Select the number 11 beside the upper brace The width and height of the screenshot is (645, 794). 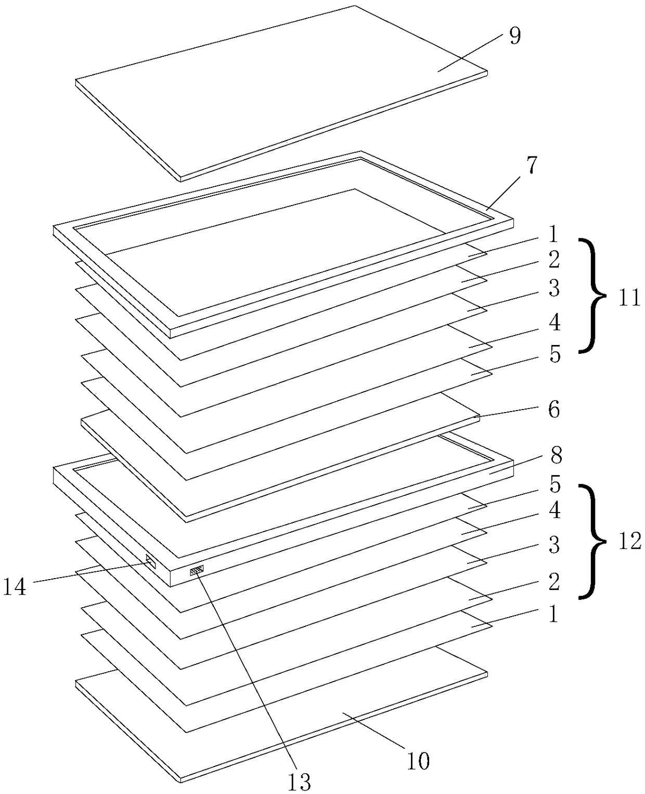pos(629,298)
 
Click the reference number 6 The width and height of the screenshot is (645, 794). pos(553,410)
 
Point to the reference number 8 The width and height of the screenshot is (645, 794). pos(556,455)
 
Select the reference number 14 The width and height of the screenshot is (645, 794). pos(15,587)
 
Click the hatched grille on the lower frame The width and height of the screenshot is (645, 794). pos(197,570)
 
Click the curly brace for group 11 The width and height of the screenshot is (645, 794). pos(592,295)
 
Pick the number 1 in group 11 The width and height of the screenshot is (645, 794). pos(553,234)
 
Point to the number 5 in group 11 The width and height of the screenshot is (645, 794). pos(555,354)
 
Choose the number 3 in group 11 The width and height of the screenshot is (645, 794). pos(554,289)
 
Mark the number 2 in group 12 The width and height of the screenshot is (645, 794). pos(554,582)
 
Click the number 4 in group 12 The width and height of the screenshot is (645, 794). pos(555,510)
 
